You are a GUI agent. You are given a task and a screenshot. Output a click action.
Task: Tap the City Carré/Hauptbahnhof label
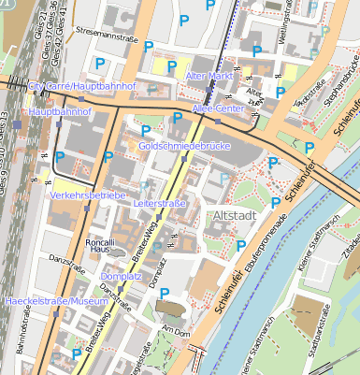(82, 87)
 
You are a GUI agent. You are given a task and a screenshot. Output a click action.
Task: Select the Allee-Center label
(217, 109)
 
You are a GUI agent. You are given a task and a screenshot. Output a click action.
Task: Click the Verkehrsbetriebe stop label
(88, 195)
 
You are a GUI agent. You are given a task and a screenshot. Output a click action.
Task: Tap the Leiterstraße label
(162, 203)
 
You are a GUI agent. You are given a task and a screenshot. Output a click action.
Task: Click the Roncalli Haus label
(100, 245)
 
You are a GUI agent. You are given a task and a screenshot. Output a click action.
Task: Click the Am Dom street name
(176, 331)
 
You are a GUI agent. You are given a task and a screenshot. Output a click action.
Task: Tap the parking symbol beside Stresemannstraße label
(98, 64)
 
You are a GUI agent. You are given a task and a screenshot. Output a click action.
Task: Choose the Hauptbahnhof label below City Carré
(59, 111)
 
